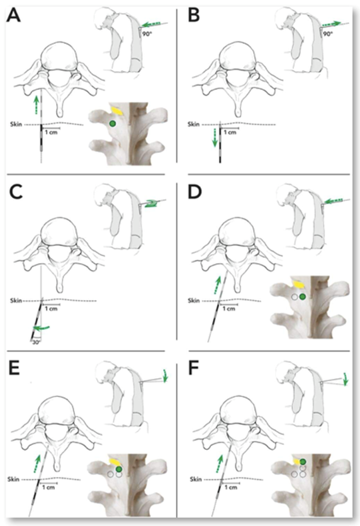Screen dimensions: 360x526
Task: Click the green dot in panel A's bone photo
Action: click(x=113, y=124)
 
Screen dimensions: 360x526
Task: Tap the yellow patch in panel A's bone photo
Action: click(x=117, y=110)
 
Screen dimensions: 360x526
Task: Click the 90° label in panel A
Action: click(x=147, y=34)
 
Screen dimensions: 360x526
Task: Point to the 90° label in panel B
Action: click(x=328, y=34)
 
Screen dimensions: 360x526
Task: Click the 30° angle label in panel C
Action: click(x=35, y=342)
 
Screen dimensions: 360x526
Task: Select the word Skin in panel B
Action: click(x=194, y=125)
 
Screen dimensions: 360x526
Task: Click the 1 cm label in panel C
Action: click(x=51, y=309)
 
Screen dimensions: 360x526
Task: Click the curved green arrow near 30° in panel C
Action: click(x=41, y=327)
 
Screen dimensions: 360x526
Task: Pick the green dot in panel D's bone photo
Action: click(x=303, y=297)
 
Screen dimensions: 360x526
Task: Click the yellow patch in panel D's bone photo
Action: click(x=298, y=284)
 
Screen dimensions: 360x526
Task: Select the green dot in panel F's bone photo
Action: click(x=303, y=462)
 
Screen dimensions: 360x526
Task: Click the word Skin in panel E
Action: click(x=13, y=479)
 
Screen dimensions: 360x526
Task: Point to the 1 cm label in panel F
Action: click(x=231, y=487)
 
